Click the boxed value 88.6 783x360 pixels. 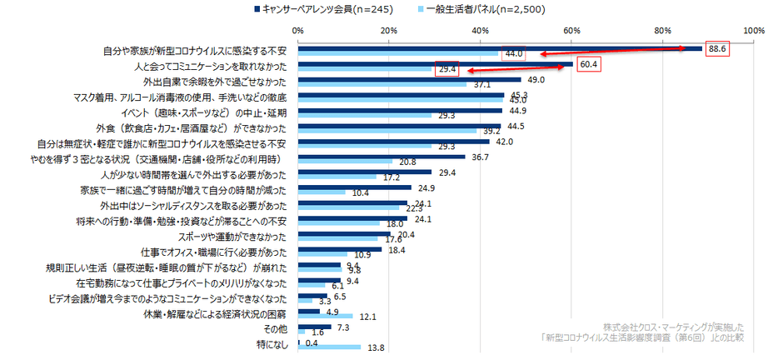[717, 49]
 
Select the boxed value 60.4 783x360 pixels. [589, 64]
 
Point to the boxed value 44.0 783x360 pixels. [513, 54]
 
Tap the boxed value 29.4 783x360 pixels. [447, 70]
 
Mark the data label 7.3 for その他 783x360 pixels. [343, 327]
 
